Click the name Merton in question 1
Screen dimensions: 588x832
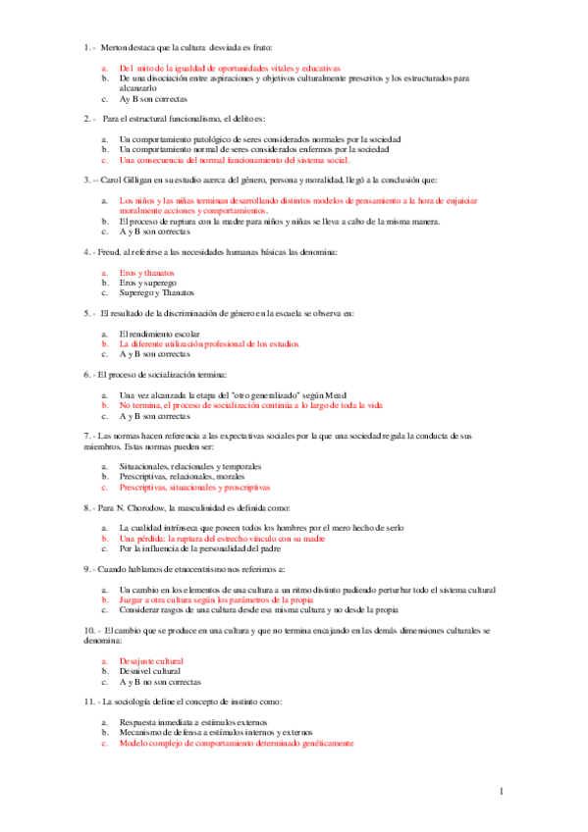pyautogui.click(x=114, y=47)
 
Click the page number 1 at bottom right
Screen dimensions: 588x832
pyautogui.click(x=501, y=791)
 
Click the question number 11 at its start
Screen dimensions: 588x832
pyautogui.click(x=89, y=702)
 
